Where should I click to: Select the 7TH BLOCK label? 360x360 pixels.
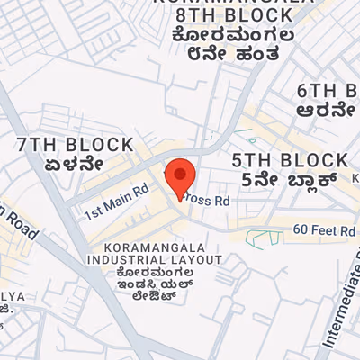[76, 145]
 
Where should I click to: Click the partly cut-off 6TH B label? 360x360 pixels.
[328, 91]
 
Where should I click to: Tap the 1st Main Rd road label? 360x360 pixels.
[116, 203]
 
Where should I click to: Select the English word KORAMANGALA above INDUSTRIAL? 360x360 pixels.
[155, 247]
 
